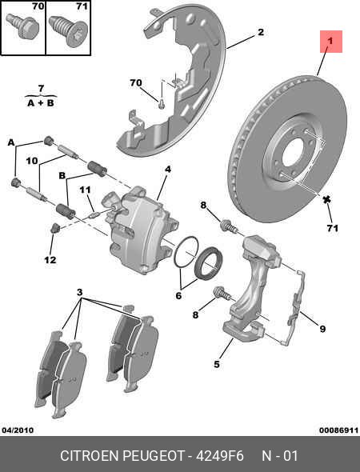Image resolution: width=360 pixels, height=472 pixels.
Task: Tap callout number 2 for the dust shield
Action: (x=260, y=33)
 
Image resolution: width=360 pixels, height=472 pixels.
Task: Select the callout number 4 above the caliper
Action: (x=168, y=169)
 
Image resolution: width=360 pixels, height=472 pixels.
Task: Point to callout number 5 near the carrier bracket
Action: (x=216, y=365)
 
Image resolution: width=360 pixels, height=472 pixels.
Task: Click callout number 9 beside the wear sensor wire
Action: (x=322, y=328)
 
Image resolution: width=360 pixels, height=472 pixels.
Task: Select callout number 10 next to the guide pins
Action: (x=31, y=161)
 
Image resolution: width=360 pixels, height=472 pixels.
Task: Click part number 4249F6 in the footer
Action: (x=219, y=456)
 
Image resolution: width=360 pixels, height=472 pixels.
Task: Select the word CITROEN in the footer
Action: (x=90, y=456)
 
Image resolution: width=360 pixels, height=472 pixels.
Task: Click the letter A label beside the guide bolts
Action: (x=12, y=142)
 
